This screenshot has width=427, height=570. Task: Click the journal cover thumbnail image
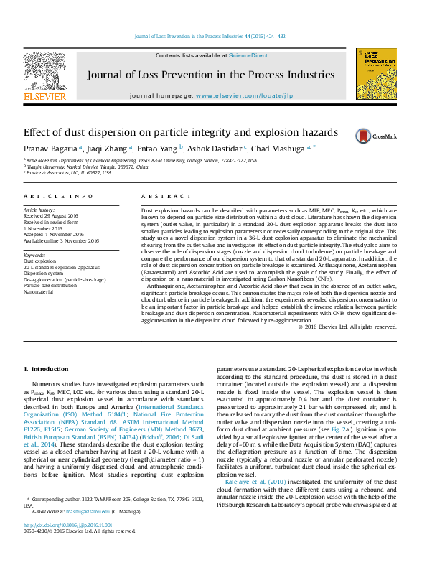pyautogui.click(x=376, y=74)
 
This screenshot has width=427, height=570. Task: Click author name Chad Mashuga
pyautogui.click(x=280, y=148)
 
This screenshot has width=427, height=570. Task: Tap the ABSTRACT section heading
pyautogui.click(x=156, y=197)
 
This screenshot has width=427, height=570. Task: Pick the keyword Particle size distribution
pyautogui.click(x=50, y=286)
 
